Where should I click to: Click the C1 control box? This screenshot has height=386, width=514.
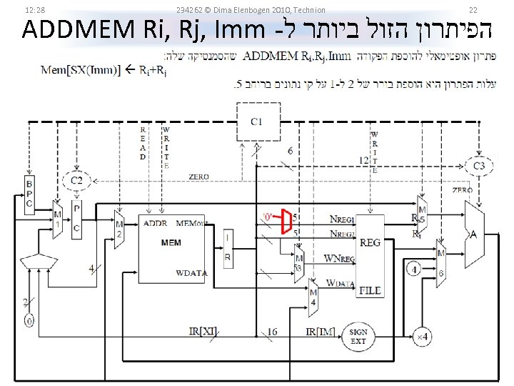pos(256,122)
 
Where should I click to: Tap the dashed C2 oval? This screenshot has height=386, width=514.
pos(76,181)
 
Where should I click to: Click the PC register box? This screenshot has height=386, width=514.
pos(77,218)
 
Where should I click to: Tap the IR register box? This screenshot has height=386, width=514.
pos(227,249)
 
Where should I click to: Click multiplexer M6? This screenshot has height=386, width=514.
pos(441,263)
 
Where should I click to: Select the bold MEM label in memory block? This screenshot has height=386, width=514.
pos(171,242)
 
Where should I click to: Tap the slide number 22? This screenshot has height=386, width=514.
pos(473,9)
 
